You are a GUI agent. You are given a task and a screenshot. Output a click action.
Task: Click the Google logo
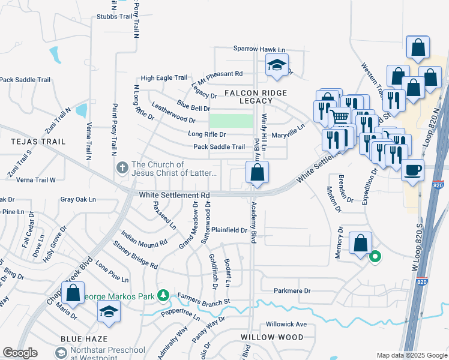(20, 353)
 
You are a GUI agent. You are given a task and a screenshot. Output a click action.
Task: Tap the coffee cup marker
(413, 170)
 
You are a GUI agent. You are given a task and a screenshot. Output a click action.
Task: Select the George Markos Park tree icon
(163, 295)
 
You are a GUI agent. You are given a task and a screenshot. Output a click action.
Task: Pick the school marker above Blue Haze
(109, 311)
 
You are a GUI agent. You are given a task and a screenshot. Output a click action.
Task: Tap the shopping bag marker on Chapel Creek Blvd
(73, 294)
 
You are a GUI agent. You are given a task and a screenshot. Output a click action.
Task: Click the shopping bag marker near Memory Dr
(360, 244)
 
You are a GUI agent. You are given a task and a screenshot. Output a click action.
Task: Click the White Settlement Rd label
(175, 195)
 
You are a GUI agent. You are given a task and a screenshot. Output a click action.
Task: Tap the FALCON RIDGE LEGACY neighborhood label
(256, 97)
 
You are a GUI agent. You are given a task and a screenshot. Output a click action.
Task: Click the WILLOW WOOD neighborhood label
(272, 337)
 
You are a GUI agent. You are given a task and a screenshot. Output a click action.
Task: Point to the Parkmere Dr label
(292, 291)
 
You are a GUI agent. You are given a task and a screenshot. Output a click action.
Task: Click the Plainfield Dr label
(228, 230)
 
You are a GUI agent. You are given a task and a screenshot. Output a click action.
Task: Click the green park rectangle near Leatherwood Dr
(231, 121)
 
